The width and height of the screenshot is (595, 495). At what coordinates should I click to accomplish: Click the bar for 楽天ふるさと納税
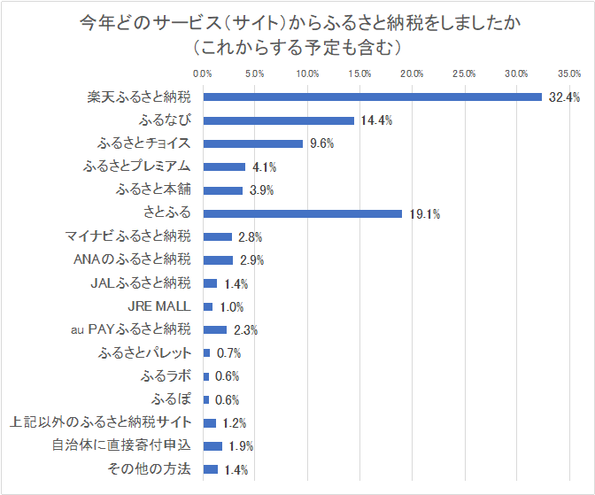click(372, 97)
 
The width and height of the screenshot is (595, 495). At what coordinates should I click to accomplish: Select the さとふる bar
click(303, 213)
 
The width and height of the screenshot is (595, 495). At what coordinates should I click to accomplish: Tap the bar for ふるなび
click(278, 120)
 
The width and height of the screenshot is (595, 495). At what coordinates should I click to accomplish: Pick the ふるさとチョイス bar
click(253, 143)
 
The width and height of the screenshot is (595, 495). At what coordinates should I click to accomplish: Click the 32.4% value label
click(563, 97)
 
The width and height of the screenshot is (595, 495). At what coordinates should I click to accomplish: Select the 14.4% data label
click(375, 120)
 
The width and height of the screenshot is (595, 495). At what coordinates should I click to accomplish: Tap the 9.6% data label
click(321, 143)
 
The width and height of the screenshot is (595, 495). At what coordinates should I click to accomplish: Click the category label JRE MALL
click(159, 306)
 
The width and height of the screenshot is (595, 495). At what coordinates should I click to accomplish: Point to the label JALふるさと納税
click(141, 283)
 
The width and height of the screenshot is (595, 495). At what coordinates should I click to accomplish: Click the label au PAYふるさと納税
click(130, 330)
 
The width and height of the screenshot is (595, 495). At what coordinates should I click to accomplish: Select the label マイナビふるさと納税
click(127, 236)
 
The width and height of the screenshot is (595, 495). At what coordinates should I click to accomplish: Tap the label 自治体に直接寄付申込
click(122, 445)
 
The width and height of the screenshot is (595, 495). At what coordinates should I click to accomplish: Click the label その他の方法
click(148, 469)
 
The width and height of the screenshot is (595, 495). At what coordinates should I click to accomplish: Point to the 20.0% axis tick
click(413, 73)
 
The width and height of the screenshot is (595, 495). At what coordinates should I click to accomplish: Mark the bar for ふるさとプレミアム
click(224, 166)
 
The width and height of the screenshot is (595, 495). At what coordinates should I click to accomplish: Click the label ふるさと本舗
click(153, 189)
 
